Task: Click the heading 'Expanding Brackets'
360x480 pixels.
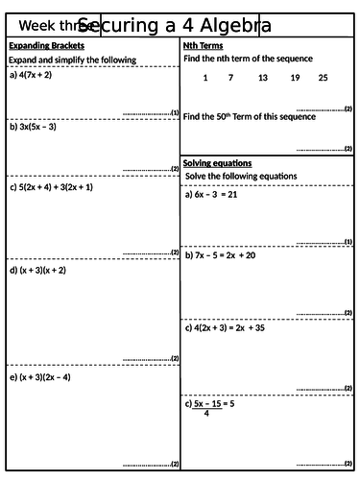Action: click(46, 45)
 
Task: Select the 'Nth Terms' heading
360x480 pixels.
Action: click(203, 45)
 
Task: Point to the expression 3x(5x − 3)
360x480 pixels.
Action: click(37, 126)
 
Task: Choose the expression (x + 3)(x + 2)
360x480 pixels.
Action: click(42, 271)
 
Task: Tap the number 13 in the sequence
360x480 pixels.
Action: click(263, 77)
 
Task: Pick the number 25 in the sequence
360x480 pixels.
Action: click(323, 77)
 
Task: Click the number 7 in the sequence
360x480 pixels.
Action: click(230, 77)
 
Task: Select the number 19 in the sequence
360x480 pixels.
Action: click(295, 77)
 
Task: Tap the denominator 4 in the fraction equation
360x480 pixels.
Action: click(206, 414)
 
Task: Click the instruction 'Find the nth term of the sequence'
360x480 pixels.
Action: click(249, 59)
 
